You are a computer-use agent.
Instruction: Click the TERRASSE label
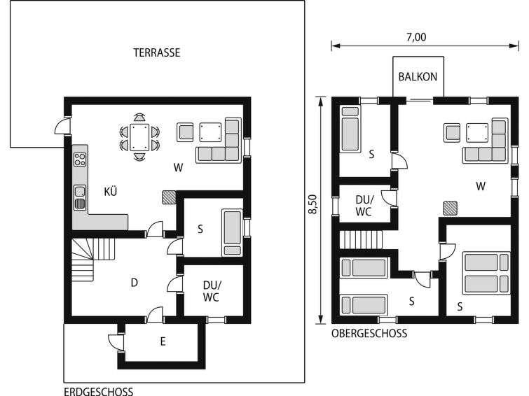pos(156,53)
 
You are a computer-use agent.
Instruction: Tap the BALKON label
pos(418,77)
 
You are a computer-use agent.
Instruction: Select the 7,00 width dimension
pos(416,37)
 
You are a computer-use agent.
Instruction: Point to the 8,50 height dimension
pos(312,204)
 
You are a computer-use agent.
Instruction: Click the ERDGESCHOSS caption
pos(99,392)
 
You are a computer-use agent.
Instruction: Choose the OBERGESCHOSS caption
pos(369,334)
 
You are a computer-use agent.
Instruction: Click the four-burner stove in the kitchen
pos(80,160)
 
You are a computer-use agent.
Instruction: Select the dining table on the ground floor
pos(139,137)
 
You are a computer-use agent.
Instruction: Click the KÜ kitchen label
pos(110,192)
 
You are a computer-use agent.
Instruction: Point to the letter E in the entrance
pos(163,341)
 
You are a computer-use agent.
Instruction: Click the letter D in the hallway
pos(135,283)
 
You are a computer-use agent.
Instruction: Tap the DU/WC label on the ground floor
pos(212,291)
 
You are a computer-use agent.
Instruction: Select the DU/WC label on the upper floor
pos(364,206)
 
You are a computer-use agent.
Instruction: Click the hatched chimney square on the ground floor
pos(169,197)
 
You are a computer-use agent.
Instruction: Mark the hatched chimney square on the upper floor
pos(450,208)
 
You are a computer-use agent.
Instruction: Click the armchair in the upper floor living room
pos(452,132)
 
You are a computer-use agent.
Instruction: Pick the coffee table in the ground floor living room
pos(210,132)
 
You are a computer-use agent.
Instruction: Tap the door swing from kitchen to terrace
pos(62,126)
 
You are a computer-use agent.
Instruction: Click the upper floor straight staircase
pos(361,239)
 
